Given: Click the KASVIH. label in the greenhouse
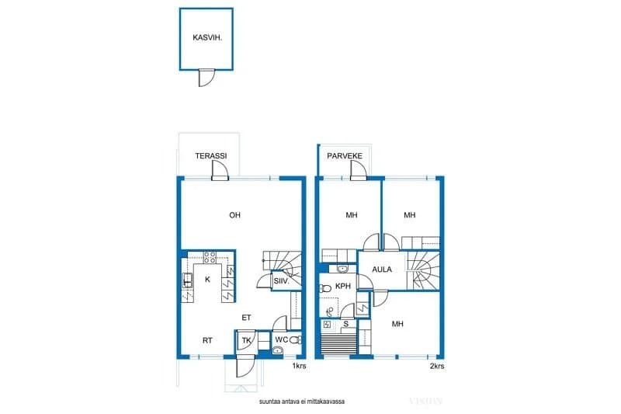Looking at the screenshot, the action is point(207,38).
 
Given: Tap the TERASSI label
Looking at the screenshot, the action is point(211,155).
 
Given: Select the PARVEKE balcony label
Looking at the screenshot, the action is point(345,155).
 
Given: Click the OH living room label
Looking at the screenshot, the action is point(235,215).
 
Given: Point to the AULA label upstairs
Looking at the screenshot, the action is point(382,270).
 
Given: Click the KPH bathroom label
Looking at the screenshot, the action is point(343,286).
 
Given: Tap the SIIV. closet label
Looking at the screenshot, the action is point(282,281).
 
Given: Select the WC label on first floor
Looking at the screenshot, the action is point(282,339).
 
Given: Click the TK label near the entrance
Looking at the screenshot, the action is point(246,340).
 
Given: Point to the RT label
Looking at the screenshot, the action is point(207,340).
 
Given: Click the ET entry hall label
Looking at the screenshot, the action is point(246,318).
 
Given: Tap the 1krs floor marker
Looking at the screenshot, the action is point(299,366).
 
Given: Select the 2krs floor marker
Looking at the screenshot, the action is point(437,366).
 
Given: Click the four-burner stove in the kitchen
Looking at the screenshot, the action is point(210,257).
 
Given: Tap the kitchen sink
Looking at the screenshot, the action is point(187,280).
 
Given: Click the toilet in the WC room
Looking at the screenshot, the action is point(295,339).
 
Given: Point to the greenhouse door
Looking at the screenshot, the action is point(206,78).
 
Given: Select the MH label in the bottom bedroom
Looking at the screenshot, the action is point(397,324).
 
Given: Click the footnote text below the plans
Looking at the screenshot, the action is point(302,402).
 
